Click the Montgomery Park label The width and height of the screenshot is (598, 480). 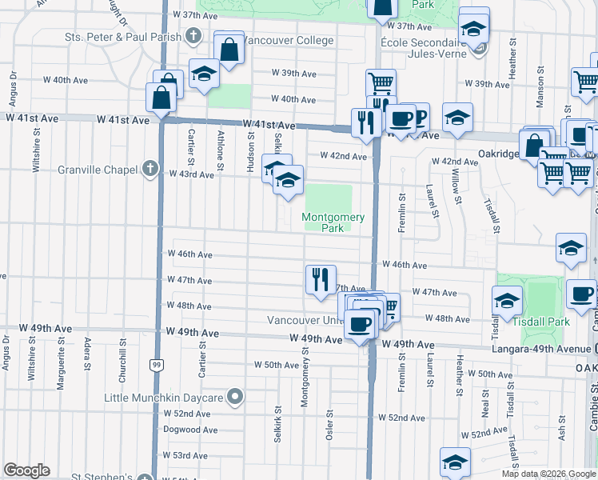(x=333, y=222)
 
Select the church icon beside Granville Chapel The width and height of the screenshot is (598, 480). (x=149, y=169)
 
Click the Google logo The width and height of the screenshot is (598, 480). (x=27, y=470)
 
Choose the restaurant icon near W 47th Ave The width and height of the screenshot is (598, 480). (x=320, y=279)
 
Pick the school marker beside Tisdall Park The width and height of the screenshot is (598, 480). (x=507, y=302)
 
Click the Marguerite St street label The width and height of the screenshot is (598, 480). (x=60, y=367)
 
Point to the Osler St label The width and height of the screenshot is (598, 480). (x=329, y=423)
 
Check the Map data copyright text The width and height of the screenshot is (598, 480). (x=548, y=474)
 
